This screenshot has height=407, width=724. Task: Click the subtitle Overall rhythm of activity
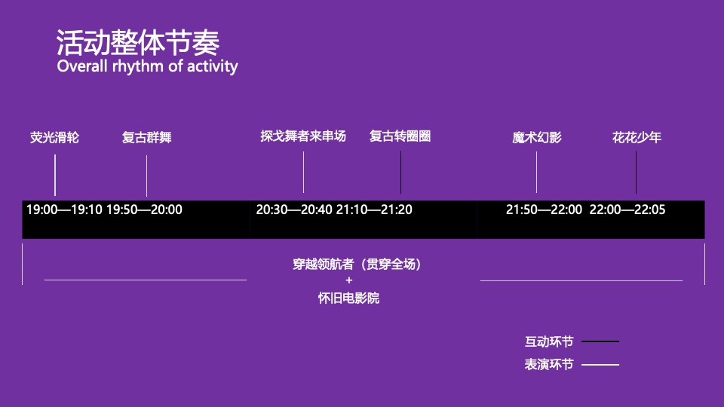pos(147,66)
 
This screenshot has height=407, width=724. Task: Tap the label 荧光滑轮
pos(54,138)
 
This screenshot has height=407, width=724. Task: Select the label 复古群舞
pos(147,138)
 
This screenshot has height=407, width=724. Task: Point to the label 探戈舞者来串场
pos(303,136)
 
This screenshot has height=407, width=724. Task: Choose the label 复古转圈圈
pos(400,136)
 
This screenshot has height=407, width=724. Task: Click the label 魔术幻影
pos(537,138)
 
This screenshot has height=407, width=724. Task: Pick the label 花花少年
pos(637,138)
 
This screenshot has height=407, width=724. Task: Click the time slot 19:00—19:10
pos(64,210)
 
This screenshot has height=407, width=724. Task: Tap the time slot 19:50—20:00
pos(145,210)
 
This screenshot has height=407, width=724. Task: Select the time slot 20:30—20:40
pos(294,210)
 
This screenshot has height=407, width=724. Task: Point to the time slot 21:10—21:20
pos(374,210)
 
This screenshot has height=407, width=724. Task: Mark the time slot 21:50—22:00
pos(544,210)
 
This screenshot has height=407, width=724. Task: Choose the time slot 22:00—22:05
pos(627,210)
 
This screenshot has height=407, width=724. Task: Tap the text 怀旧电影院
pos(348,298)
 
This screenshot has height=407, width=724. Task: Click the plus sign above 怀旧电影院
pos(348,281)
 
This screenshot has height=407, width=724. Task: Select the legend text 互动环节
pos(549,341)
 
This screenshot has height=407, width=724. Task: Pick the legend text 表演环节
pos(549,365)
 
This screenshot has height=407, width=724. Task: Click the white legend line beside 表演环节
pos(600,365)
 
